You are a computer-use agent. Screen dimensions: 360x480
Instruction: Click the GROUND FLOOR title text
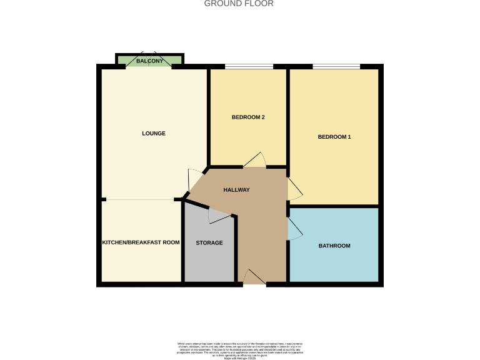point(239,4)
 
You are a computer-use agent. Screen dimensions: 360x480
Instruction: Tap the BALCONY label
point(149,61)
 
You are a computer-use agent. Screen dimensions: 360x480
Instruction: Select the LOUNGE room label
point(154,133)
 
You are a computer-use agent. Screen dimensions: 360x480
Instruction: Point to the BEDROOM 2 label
point(248,117)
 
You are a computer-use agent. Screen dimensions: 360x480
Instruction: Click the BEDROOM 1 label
point(334,137)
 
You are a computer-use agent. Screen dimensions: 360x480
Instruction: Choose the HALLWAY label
point(237,190)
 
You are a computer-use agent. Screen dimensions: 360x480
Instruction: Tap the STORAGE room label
point(209,242)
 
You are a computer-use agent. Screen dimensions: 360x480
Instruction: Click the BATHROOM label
point(334,246)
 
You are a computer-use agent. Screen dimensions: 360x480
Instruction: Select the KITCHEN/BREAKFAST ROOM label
point(141,242)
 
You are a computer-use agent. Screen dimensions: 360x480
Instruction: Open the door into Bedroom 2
point(255,161)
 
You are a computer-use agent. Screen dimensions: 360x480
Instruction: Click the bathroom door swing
point(294,228)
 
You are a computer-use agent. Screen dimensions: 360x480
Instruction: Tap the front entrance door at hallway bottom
point(253,277)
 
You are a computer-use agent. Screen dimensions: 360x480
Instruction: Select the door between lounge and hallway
point(195,180)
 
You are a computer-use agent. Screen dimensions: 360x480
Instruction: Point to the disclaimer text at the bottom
point(239,350)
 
